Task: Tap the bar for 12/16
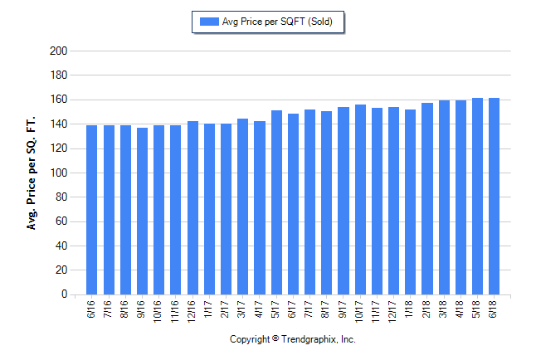(x=192, y=207)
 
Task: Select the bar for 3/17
(x=242, y=207)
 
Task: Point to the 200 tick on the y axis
(x=58, y=51)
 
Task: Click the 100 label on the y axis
(x=58, y=173)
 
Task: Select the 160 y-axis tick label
(x=58, y=100)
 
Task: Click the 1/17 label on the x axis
(x=209, y=309)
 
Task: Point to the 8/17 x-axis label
(x=326, y=309)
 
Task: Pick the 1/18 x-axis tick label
(x=410, y=309)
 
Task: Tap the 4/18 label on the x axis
(x=460, y=309)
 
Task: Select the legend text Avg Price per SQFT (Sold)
(x=277, y=22)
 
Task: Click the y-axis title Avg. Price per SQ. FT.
(x=32, y=173)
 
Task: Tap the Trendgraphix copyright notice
(x=292, y=339)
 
